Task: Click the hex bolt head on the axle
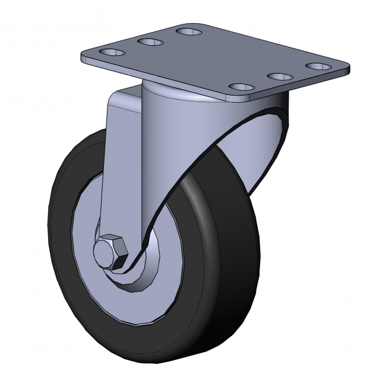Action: (111, 251)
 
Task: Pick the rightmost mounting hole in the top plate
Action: (319, 66)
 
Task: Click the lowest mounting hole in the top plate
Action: (241, 88)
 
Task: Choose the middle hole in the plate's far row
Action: (150, 42)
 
